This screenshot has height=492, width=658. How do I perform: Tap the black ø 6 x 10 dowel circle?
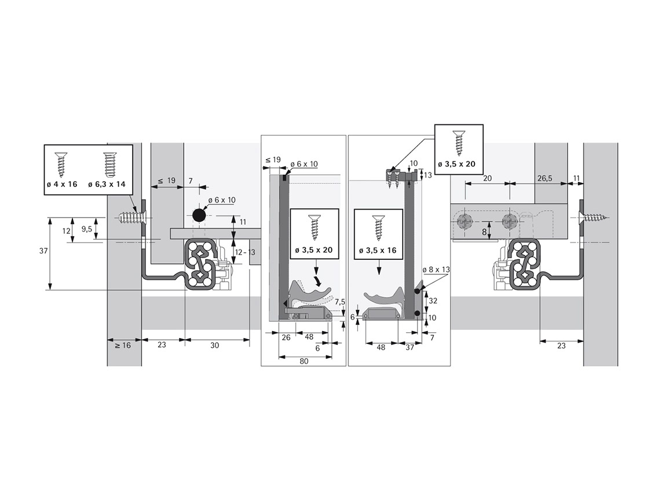click(198, 215)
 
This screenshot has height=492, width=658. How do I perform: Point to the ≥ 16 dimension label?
click(123, 345)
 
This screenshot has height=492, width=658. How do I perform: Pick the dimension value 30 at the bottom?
click(215, 345)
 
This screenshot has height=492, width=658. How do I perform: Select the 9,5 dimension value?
click(87, 229)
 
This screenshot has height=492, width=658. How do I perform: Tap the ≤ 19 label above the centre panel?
click(273, 159)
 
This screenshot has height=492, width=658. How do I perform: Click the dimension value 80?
click(304, 361)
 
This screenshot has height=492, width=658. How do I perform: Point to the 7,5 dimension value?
click(340, 302)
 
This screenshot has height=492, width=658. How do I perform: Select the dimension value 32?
click(433, 300)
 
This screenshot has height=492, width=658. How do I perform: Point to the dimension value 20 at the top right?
click(487, 178)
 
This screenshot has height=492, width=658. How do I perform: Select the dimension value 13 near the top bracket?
click(429, 175)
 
